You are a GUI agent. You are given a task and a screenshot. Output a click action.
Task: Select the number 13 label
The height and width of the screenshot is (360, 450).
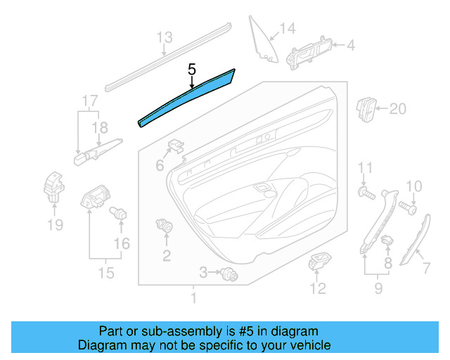164,37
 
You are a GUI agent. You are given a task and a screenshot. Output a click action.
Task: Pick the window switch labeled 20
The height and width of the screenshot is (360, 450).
367,108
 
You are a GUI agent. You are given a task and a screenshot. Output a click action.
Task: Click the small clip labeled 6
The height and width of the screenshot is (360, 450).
176,147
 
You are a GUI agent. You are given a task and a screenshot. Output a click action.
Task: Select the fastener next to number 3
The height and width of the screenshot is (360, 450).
226,274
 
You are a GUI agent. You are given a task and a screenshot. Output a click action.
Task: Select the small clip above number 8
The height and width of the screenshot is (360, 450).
387,241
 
